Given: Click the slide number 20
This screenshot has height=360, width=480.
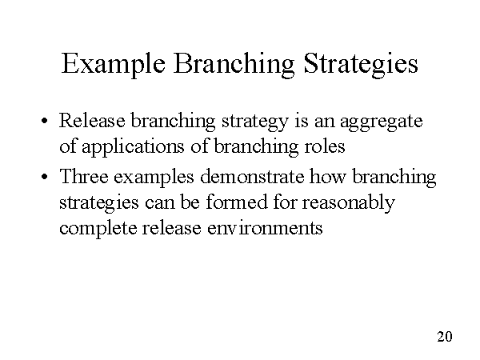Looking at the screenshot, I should tap(446, 336).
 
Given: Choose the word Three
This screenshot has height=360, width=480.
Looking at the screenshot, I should tap(84, 176).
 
